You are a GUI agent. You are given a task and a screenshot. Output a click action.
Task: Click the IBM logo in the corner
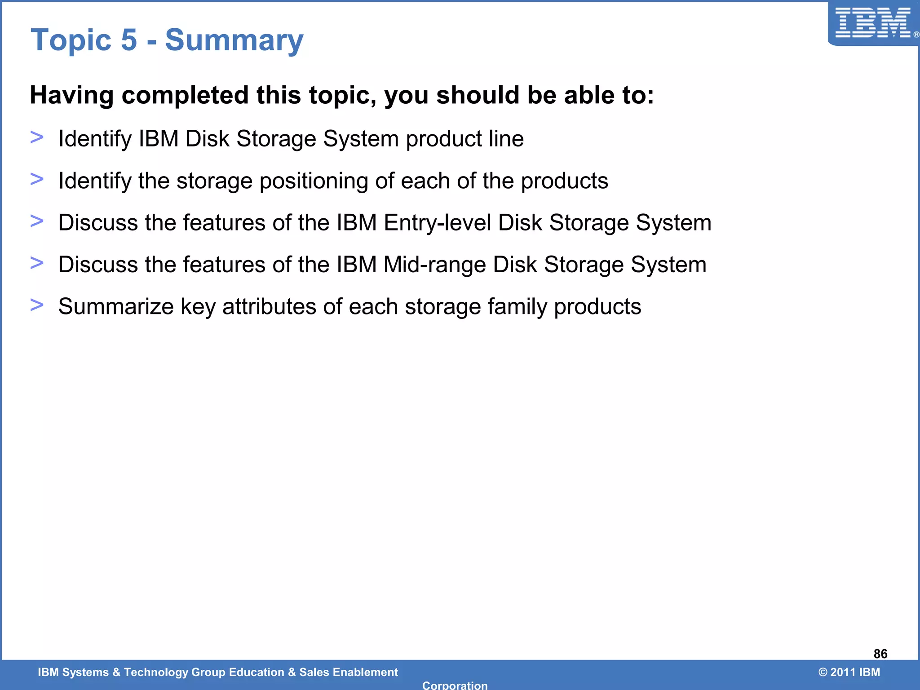[x=872, y=23]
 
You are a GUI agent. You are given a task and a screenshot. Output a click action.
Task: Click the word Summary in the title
[x=234, y=40]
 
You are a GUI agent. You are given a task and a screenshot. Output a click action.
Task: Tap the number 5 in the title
[x=129, y=40]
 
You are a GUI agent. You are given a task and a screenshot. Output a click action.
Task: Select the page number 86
[x=880, y=654]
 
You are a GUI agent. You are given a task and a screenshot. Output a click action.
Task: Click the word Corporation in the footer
[x=455, y=685]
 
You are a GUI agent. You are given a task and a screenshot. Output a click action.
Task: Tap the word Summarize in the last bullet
[x=116, y=307]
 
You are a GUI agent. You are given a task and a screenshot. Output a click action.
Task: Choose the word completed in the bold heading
[x=185, y=95]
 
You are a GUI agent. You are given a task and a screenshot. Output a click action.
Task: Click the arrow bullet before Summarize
[x=37, y=305]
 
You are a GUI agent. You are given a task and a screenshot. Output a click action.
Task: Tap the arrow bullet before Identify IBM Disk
[x=37, y=137]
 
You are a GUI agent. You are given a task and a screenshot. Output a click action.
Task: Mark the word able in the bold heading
[x=587, y=95]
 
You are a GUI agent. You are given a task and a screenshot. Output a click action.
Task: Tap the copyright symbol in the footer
[x=823, y=672]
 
